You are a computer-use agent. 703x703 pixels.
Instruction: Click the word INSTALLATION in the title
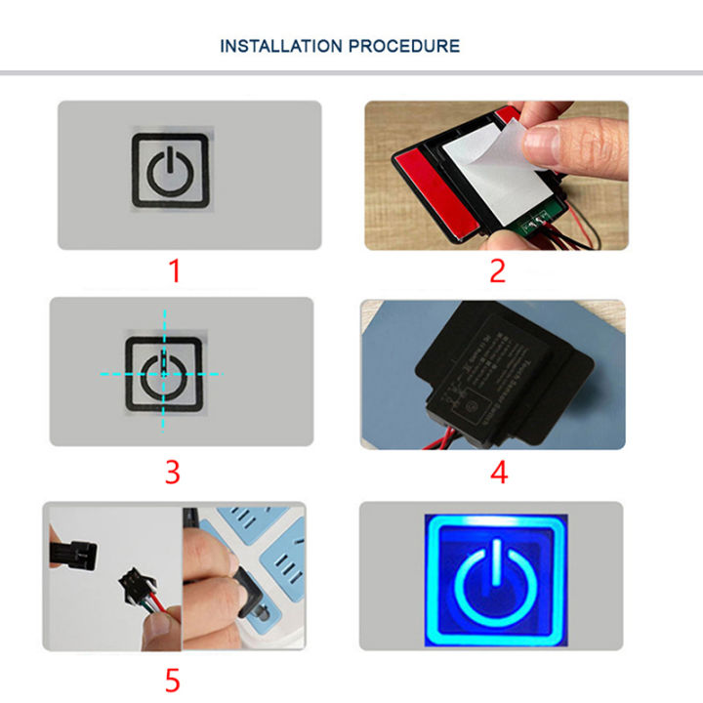[x=281, y=46]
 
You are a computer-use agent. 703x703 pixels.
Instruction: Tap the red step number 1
[x=175, y=270]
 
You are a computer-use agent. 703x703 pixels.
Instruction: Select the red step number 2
[x=497, y=270]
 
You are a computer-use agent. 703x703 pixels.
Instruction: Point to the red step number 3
[x=173, y=473]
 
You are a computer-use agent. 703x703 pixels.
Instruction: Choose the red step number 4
[x=499, y=473]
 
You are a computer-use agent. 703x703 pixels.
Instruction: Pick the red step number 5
[x=173, y=677]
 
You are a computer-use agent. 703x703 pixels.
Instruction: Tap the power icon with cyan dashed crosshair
[x=163, y=373]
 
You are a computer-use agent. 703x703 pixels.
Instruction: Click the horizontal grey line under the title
[x=351, y=73]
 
